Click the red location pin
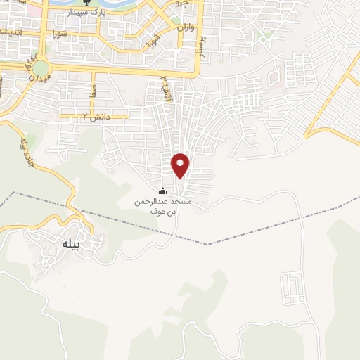point(181,165)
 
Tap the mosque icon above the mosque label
point(163,191)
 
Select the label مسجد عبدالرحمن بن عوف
point(163,205)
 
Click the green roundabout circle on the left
point(41,68)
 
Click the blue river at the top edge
point(120,6)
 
